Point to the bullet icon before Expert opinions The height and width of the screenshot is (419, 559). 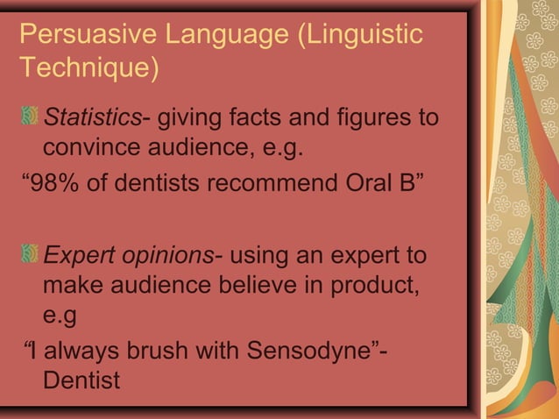point(31,256)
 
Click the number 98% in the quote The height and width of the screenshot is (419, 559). point(56,186)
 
